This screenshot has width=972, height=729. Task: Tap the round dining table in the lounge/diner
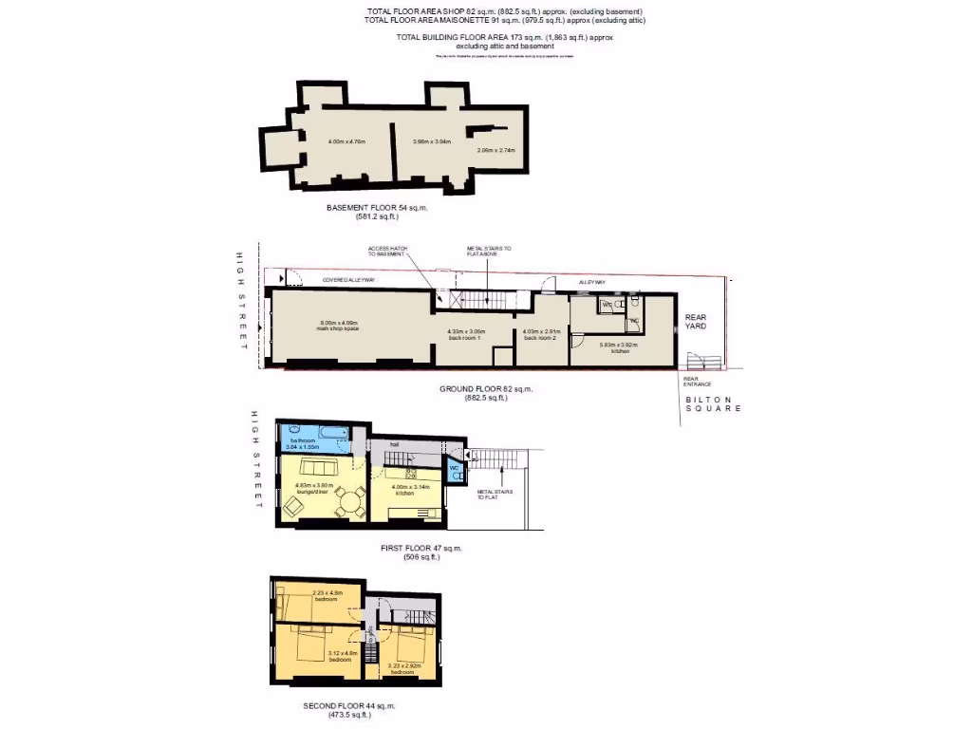click(353, 499)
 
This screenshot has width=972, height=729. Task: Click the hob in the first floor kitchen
click(412, 472)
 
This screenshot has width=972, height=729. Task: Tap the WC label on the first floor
click(453, 467)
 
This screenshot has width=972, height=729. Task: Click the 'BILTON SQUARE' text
click(713, 404)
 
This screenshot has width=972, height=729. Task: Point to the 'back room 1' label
click(466, 334)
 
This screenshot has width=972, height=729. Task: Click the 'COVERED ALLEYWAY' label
click(347, 280)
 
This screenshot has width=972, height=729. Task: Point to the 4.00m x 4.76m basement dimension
click(346, 141)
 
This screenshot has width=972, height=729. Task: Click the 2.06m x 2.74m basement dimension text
click(495, 150)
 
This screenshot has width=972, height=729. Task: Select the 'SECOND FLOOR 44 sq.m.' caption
click(349, 705)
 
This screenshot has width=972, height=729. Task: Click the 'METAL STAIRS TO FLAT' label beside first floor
click(490, 494)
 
